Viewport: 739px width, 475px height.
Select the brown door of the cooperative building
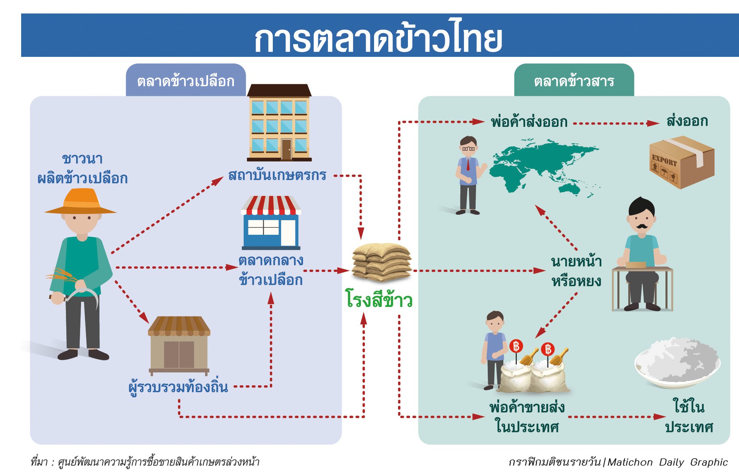[286, 149]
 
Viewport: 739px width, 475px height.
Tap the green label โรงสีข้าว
[379, 300]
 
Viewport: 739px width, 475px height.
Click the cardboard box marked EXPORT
[681, 162]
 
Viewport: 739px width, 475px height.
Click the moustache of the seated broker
[641, 226]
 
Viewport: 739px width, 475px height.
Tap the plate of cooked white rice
[677, 362]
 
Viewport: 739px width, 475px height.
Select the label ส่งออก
[687, 121]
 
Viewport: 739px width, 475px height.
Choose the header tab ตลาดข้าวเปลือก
[186, 81]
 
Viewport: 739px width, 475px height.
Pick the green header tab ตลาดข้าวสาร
[574, 81]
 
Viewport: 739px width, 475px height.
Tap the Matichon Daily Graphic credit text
[667, 462]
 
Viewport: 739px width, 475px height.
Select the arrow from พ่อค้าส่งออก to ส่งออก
[616, 123]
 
